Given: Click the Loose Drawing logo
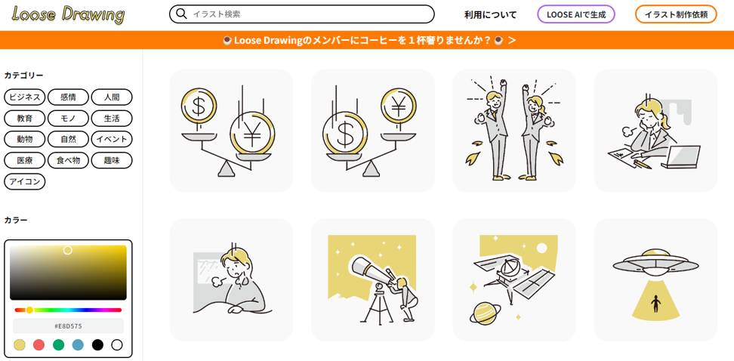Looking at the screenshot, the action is click(x=69, y=14).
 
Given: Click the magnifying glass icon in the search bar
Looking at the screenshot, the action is click(x=181, y=14).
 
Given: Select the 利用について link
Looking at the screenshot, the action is click(x=490, y=14).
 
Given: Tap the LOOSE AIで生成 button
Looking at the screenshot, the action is click(x=575, y=14).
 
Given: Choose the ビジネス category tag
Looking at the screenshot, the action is click(x=25, y=97).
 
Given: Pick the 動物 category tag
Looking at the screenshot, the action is click(x=25, y=139).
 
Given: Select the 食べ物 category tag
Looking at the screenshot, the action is click(x=69, y=160).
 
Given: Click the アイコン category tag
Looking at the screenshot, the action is click(x=25, y=181).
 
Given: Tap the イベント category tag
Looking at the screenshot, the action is click(x=112, y=139).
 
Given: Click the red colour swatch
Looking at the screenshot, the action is click(x=39, y=345).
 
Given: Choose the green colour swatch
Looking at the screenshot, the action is click(x=58, y=345).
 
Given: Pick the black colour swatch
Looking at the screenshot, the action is click(x=97, y=345).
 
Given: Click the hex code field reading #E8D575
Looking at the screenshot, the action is click(x=68, y=326).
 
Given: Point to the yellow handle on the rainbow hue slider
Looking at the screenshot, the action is click(x=29, y=310).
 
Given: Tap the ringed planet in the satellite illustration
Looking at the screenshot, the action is click(x=485, y=313).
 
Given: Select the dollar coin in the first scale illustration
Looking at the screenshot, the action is click(x=199, y=106).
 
